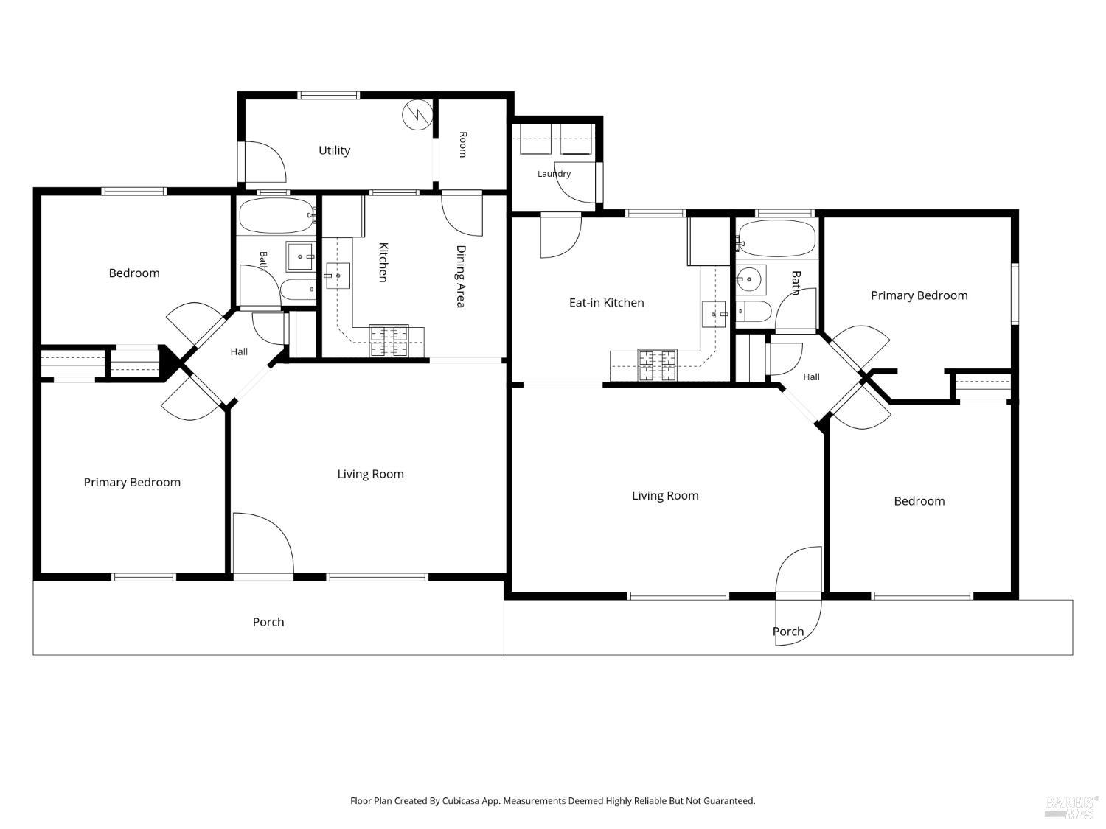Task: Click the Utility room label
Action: coord(334,150)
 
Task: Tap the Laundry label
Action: coord(554,174)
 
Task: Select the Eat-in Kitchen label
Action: coord(606,303)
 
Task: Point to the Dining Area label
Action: coord(461,276)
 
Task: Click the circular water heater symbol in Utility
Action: coord(417,115)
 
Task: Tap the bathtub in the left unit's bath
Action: coord(276,215)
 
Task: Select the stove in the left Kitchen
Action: coord(389,340)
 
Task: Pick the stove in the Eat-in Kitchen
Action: coord(658,365)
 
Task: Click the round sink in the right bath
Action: coord(751,279)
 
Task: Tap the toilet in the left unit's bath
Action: coord(298,290)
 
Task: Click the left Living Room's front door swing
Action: coord(263,543)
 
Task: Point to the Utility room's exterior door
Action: coord(262,162)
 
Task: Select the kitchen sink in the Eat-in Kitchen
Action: coord(714,315)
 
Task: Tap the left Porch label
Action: coord(268,622)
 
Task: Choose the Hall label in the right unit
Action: coord(811,377)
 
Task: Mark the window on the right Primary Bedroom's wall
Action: coord(1015,293)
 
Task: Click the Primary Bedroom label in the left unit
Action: coord(132,482)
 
